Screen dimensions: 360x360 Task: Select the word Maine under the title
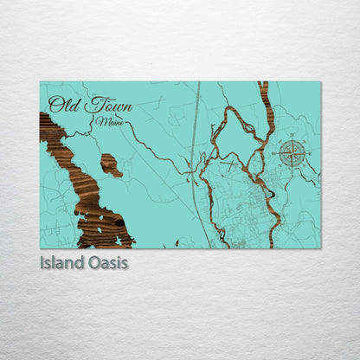click(x=110, y=123)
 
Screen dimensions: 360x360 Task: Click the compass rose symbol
click(x=292, y=153)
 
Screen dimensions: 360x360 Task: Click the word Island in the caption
click(x=61, y=261)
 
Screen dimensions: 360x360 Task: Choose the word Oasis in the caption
click(x=108, y=261)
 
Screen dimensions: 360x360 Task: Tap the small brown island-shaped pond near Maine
click(x=111, y=164)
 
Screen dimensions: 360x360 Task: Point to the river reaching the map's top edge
click(x=263, y=95)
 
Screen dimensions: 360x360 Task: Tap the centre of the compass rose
click(x=292, y=153)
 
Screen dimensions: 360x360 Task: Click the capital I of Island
click(x=43, y=261)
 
